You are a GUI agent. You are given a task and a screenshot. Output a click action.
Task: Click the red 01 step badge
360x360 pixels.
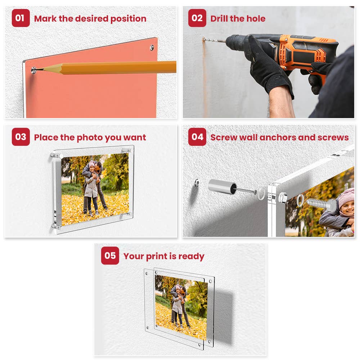click(21, 18)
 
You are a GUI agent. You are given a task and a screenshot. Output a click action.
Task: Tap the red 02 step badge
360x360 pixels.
click(197, 18)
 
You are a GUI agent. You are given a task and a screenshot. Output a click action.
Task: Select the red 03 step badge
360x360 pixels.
click(21, 137)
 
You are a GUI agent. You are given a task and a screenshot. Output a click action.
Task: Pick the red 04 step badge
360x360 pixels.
click(197, 137)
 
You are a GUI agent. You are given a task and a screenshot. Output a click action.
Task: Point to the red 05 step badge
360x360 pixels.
click(110, 256)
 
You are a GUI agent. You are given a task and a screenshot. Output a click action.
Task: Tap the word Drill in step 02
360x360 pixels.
click(220, 19)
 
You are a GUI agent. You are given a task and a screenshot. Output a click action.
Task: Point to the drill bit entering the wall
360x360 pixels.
click(212, 40)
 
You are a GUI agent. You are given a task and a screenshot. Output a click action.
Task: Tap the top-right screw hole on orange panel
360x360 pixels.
click(152, 47)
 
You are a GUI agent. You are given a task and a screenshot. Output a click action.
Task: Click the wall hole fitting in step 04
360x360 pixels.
click(197, 183)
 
